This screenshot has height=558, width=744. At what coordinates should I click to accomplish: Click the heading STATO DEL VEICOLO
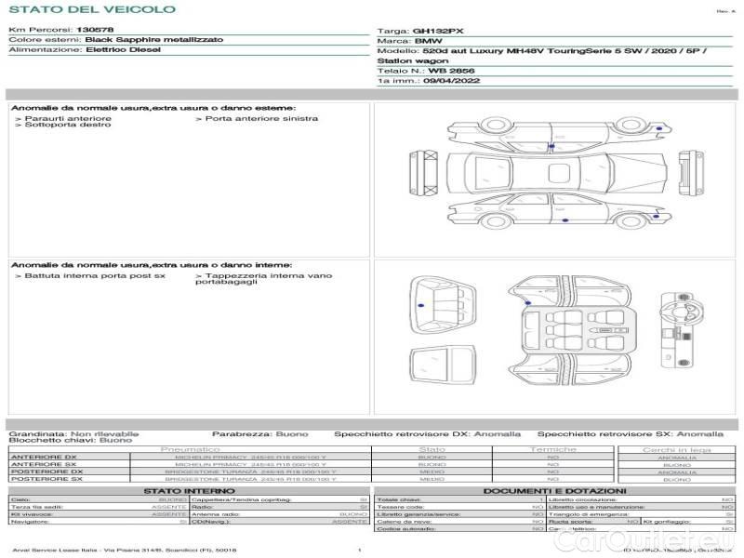[x=91, y=9]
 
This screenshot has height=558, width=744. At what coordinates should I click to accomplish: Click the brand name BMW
[x=429, y=42]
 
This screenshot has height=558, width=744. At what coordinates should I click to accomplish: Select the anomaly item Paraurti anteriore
[x=68, y=118]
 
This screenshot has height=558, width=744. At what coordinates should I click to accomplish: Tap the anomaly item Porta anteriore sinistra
[x=261, y=118]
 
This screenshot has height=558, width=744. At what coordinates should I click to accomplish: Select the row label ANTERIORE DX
[x=44, y=458]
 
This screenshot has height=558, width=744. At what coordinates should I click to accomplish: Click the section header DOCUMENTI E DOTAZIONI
[x=554, y=491]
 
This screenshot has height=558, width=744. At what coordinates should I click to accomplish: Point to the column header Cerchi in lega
[x=676, y=450]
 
